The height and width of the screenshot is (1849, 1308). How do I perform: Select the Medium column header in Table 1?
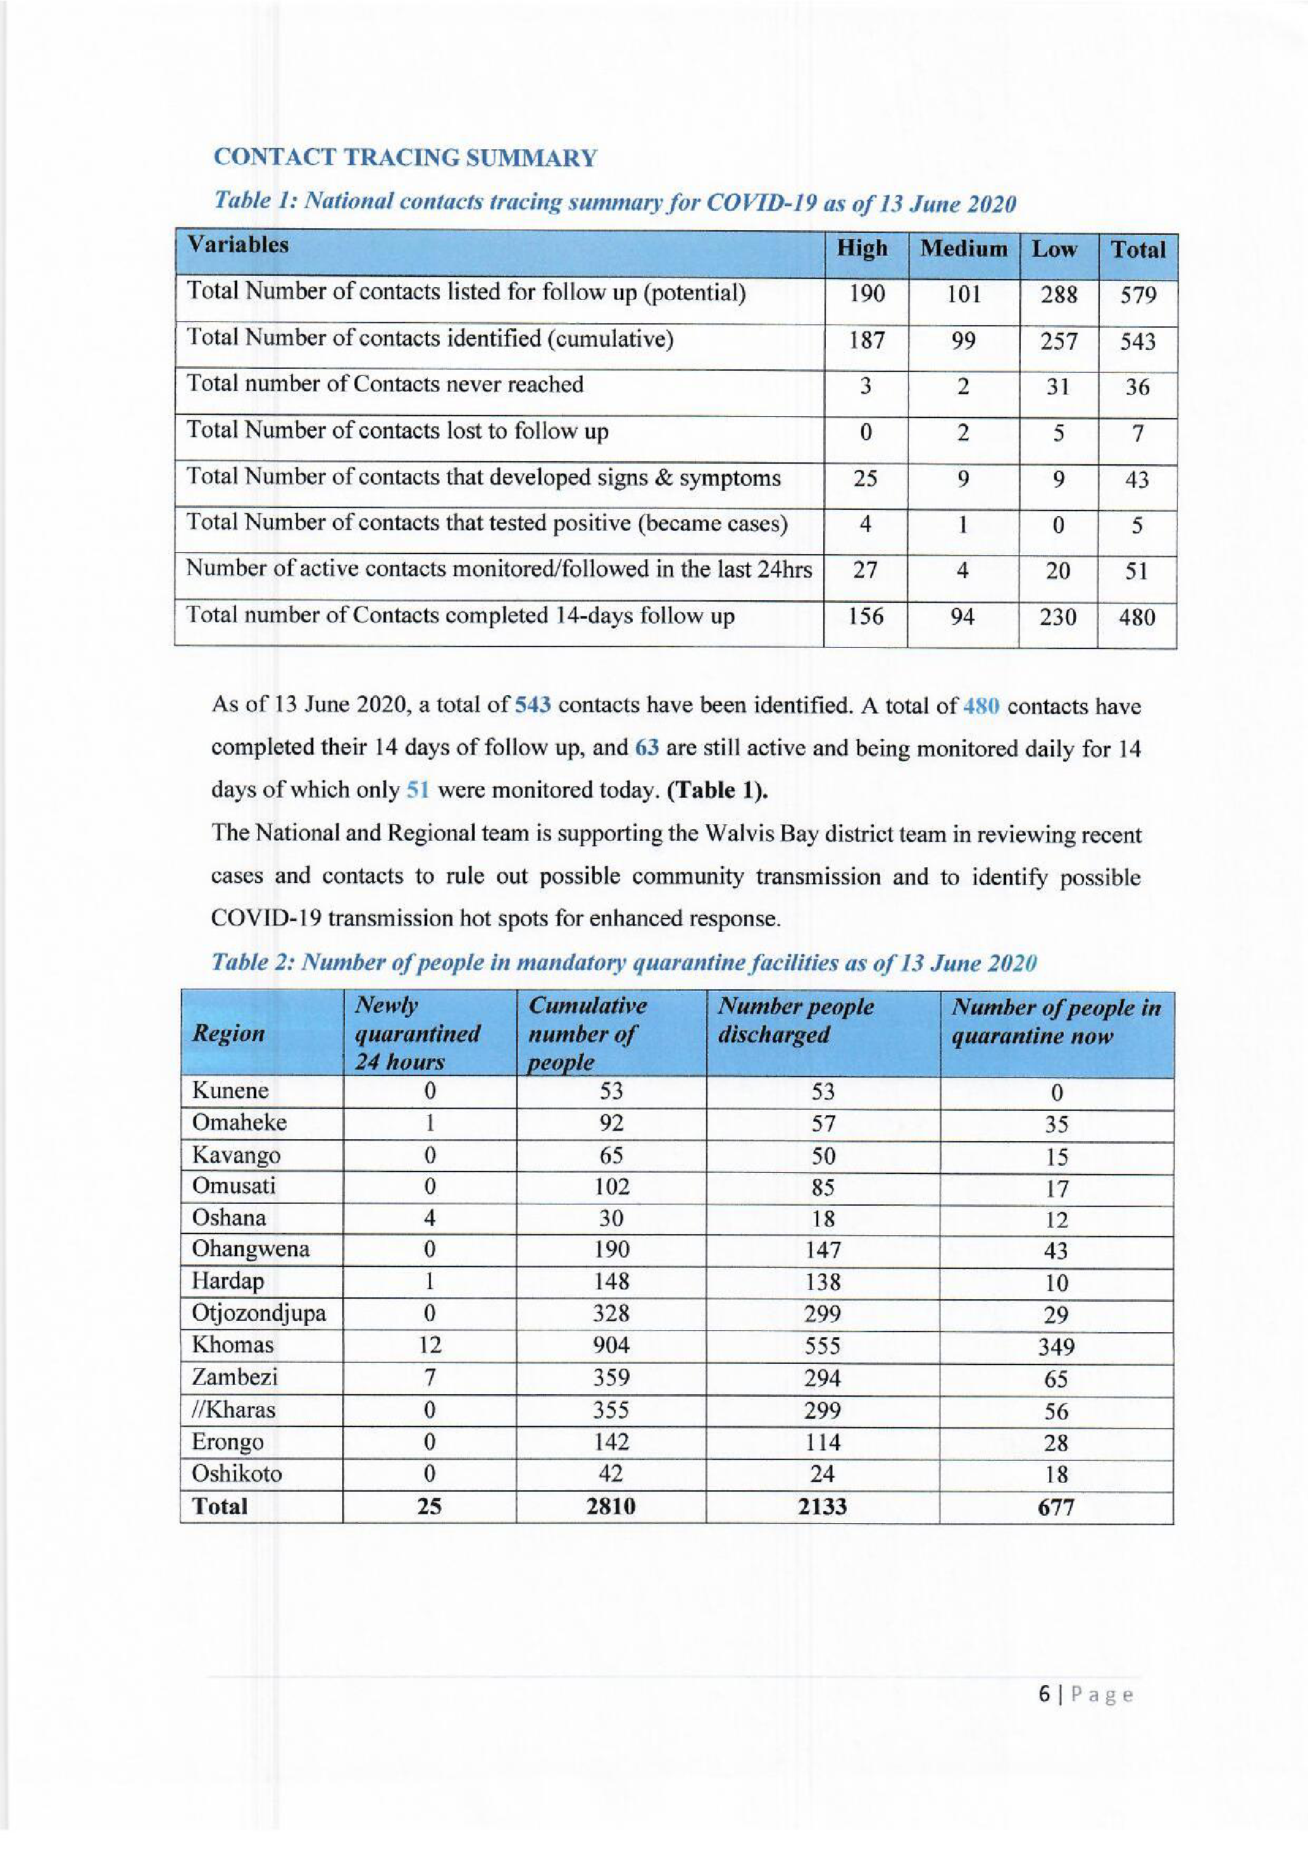pyautogui.click(x=963, y=249)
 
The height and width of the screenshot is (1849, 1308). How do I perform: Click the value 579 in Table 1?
pyautogui.click(x=1137, y=295)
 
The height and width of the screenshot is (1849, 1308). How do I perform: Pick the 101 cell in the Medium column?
pyautogui.click(x=963, y=295)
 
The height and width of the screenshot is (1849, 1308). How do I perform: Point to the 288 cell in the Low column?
pyautogui.click(x=1058, y=295)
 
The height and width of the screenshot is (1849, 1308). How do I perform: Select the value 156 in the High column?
pyautogui.click(x=866, y=617)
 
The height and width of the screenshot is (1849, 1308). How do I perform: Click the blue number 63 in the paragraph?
pyautogui.click(x=647, y=747)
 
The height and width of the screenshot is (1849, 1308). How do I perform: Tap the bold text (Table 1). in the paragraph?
pyautogui.click(x=718, y=790)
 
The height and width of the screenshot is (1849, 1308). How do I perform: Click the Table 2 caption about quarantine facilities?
pyautogui.click(x=623, y=963)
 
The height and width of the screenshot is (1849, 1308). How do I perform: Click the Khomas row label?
pyautogui.click(x=232, y=1345)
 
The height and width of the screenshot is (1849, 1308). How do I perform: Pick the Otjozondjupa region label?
pyautogui.click(x=259, y=1313)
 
